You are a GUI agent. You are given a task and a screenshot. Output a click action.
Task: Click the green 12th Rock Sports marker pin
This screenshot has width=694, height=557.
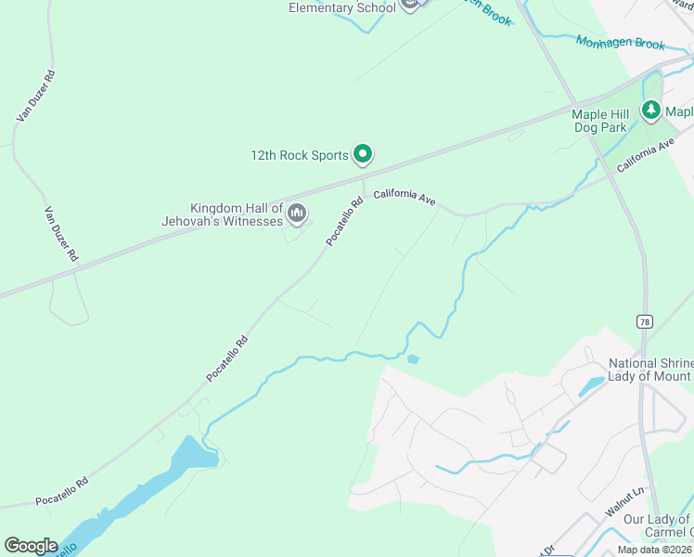coord(364,155)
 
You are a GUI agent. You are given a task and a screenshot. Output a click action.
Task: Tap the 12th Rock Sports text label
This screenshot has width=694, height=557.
coord(299,156)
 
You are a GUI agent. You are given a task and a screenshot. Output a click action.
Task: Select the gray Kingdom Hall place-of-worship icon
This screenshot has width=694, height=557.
coord(297,214)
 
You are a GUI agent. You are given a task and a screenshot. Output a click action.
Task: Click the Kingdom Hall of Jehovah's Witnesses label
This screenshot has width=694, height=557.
coord(236,214)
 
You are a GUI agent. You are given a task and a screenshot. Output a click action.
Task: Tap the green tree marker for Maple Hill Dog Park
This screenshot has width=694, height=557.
coord(651,110)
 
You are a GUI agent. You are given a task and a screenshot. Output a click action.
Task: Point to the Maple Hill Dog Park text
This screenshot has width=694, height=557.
coord(599,121)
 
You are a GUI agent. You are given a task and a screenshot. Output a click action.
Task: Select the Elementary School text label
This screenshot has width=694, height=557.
coord(342,7)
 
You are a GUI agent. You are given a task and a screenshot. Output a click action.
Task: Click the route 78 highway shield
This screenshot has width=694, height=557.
coord(644,320)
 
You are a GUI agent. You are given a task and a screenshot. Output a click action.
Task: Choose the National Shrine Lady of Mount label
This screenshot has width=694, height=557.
coord(649,369)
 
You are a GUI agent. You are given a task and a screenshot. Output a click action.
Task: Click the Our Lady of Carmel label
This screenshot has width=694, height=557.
coord(658,525)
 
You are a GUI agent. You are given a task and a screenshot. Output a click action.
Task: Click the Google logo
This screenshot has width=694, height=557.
coord(31,546)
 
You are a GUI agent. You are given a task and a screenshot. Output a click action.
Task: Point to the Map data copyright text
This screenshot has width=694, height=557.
coord(655,550)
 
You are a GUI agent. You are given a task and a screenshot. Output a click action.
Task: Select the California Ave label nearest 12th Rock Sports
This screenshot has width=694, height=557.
coord(405,198)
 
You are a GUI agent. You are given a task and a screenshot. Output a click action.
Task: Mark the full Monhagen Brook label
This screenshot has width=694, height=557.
coord(621,43)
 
